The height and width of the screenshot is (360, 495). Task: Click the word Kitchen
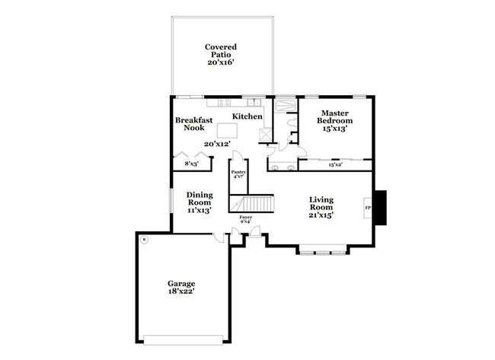pos(247,116)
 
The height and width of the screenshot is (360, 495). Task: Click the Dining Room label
pos(200,199)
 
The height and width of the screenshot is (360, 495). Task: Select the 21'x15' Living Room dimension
pos(321,215)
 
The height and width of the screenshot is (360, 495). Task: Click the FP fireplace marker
pos(368,207)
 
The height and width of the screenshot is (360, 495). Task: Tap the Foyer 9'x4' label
pos(245,220)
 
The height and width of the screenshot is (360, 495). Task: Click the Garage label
pos(181,284)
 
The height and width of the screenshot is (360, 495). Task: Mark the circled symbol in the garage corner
pos(144,241)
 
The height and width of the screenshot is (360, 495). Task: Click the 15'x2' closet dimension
pos(335,164)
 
